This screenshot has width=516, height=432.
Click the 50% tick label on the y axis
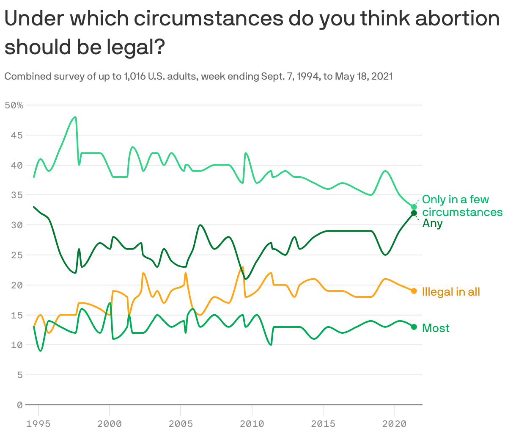[14, 105]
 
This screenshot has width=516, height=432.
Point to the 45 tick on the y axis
[17, 135]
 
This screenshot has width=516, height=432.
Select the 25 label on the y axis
[17, 255]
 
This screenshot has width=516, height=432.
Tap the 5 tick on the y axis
[19, 375]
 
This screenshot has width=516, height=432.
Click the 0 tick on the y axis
[19, 405]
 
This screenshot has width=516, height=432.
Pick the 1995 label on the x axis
[38, 424]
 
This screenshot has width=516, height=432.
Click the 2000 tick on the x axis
[110, 424]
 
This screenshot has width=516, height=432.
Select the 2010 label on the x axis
[252, 424]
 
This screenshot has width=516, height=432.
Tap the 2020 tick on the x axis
[394, 424]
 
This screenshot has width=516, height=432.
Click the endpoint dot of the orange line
[414, 291]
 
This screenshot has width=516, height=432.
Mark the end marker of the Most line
[414, 327]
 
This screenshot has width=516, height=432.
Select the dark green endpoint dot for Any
[414, 213]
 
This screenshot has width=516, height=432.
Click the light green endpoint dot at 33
[414, 207]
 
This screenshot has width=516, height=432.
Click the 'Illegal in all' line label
[451, 292]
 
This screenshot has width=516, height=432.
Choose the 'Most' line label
[436, 328]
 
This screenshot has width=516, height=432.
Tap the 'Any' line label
[432, 224]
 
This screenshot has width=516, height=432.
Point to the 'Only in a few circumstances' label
[462, 205]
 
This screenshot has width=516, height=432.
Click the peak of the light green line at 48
[75, 117]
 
